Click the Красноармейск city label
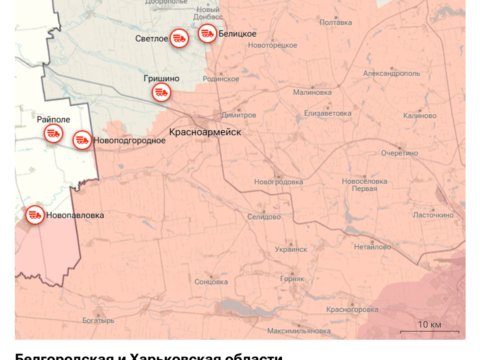click(x=205, y=132)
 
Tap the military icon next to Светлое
click(x=179, y=38)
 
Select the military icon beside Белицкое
click(x=207, y=33)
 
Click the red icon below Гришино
click(x=162, y=92)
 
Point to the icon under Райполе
click(x=53, y=133)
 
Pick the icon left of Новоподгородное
click(x=82, y=140)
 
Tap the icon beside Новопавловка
click(x=35, y=215)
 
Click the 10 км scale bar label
click(x=430, y=325)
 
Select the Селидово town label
click(x=264, y=217)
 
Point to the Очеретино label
click(x=399, y=153)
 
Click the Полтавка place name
click(x=336, y=22)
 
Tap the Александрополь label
click(x=391, y=74)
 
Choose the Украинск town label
click(x=291, y=249)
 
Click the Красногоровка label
click(x=352, y=310)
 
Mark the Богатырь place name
click(x=98, y=320)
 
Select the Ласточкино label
click(x=433, y=215)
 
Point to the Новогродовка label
click(x=278, y=182)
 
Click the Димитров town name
click(x=239, y=115)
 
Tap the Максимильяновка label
click(x=299, y=331)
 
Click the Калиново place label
click(x=420, y=116)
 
